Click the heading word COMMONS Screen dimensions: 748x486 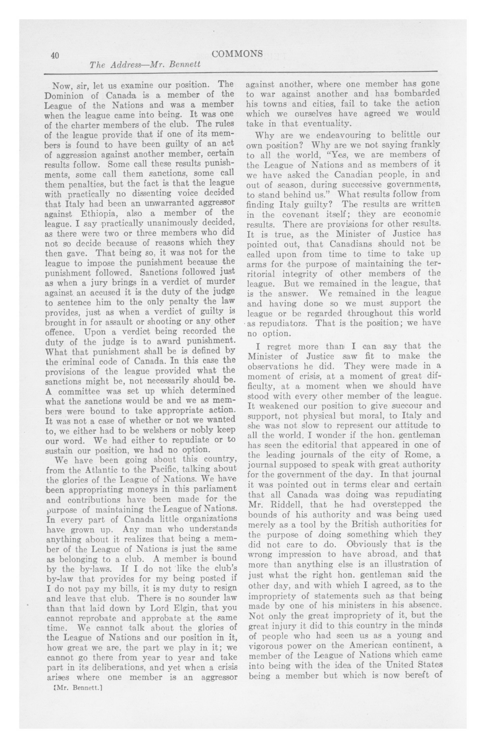pyautogui.click(x=237, y=54)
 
